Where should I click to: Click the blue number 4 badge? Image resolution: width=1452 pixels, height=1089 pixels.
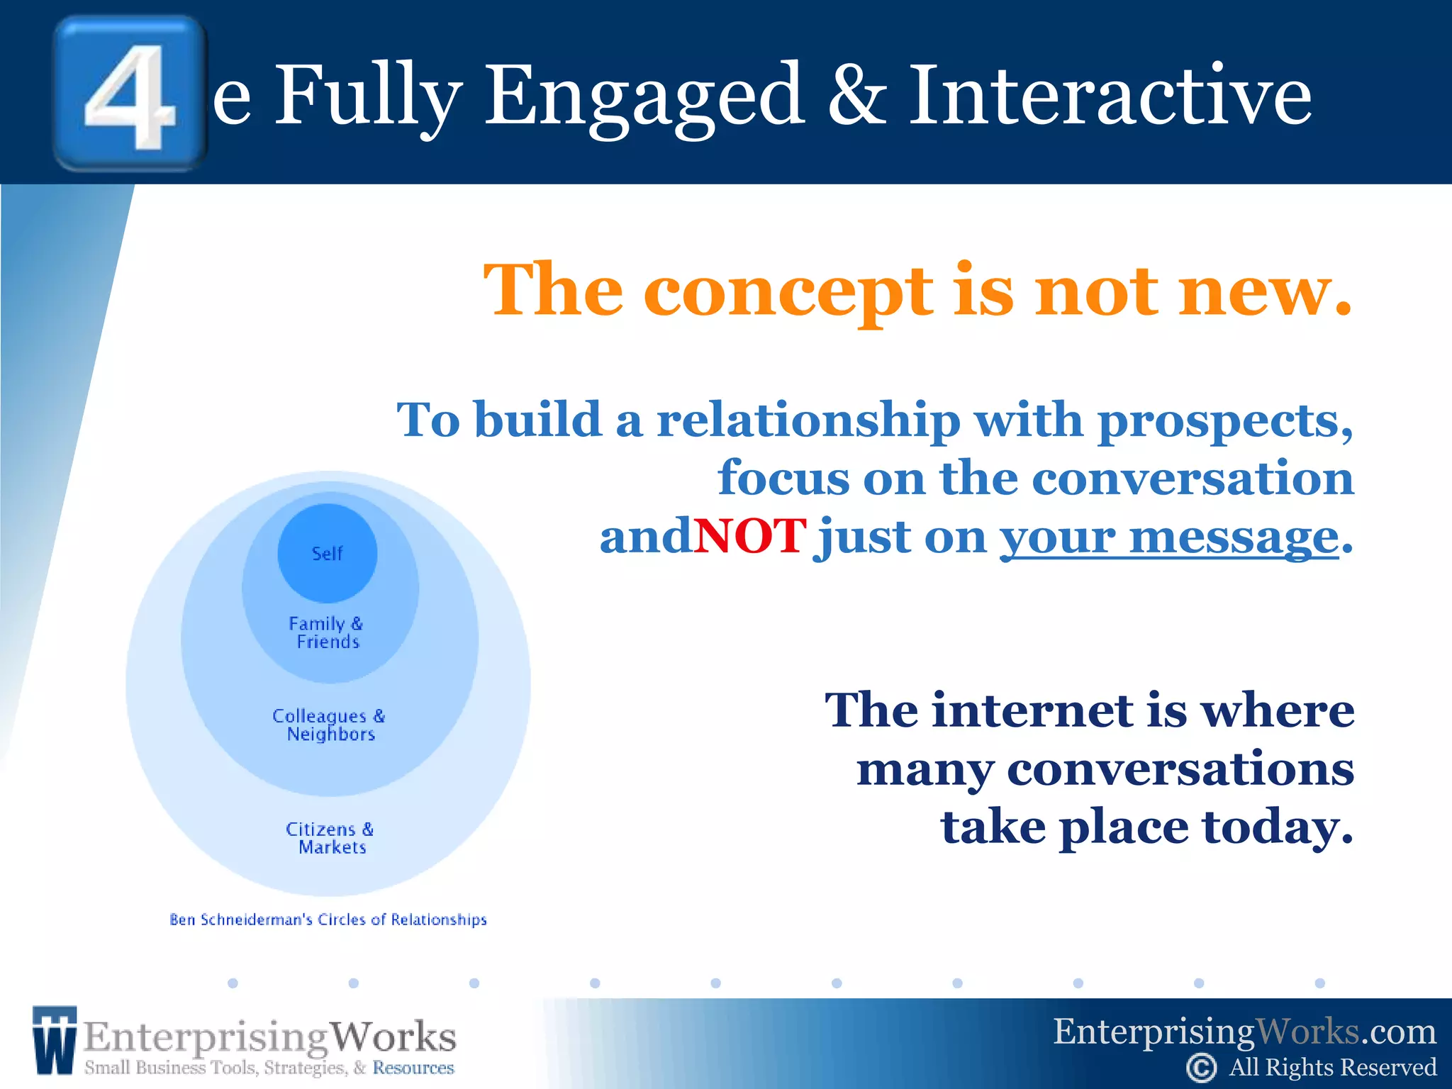click(130, 94)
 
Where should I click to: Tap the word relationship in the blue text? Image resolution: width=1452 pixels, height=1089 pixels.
click(808, 420)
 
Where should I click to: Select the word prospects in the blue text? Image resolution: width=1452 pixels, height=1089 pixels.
click(1224, 421)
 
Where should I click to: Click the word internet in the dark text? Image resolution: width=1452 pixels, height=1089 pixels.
click(1032, 710)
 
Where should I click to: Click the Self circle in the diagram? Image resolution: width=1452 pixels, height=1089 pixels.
click(327, 553)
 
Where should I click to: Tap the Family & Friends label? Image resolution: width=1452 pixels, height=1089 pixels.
click(327, 632)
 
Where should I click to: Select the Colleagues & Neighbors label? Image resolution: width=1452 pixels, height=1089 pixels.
click(329, 725)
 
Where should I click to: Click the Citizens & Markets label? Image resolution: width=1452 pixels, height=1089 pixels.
click(330, 838)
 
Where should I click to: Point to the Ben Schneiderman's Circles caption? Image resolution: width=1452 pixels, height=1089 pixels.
click(328, 920)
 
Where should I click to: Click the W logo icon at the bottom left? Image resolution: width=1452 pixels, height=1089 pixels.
click(54, 1039)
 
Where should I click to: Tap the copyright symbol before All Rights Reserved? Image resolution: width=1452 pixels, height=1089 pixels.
click(1201, 1068)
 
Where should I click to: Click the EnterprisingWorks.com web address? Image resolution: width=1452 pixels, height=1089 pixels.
click(1244, 1032)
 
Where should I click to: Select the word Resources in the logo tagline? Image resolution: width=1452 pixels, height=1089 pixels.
click(413, 1068)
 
